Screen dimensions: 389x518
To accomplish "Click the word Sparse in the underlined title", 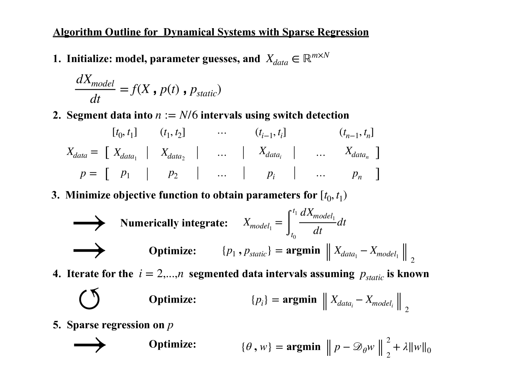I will click(298, 32).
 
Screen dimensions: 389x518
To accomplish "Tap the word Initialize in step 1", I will click(89, 59).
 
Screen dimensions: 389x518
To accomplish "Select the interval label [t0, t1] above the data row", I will click(124, 133).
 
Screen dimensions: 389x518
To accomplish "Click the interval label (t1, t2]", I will click(173, 133).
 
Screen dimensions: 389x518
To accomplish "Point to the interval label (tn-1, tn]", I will click(356, 133).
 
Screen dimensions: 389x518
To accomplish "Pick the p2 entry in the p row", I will click(173, 174).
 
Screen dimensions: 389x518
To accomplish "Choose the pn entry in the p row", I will click(357, 174).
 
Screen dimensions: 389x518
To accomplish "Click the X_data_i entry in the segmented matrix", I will click(270, 152).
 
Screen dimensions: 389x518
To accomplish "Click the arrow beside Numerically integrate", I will click(89, 223).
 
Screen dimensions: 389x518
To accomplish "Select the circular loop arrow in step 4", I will click(89, 299).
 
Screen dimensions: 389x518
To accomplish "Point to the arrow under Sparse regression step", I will click(89, 344).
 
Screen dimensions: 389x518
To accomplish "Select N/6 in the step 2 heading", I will click(188, 115).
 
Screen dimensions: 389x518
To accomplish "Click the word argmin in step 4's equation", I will click(299, 300).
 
